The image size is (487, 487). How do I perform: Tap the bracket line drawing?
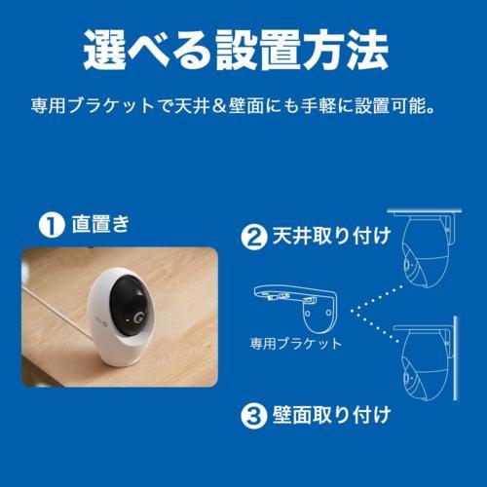pyautogui.click(x=303, y=303)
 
